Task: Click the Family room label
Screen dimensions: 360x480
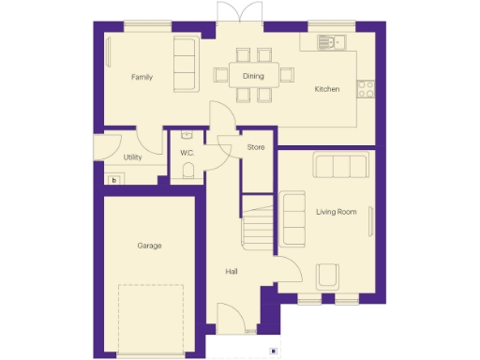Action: coord(142,77)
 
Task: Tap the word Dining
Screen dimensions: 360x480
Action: coord(253,76)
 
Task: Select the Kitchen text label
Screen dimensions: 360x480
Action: coord(326,89)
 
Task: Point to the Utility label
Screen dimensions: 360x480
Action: coord(132,157)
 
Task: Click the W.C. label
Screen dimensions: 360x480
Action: coord(187,150)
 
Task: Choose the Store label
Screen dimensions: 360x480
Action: coord(255,148)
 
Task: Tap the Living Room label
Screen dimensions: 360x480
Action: coord(336,213)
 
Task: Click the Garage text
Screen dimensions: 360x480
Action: coord(149,246)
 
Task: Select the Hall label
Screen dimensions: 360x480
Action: coord(231,272)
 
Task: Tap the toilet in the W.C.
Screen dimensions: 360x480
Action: coord(187,170)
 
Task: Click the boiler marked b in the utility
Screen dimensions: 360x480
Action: coord(114,179)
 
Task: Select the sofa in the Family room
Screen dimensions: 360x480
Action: coord(185,65)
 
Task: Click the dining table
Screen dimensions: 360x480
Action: coord(252,75)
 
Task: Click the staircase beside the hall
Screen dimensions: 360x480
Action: coord(257,228)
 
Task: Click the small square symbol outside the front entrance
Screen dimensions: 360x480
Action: coord(272,352)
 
